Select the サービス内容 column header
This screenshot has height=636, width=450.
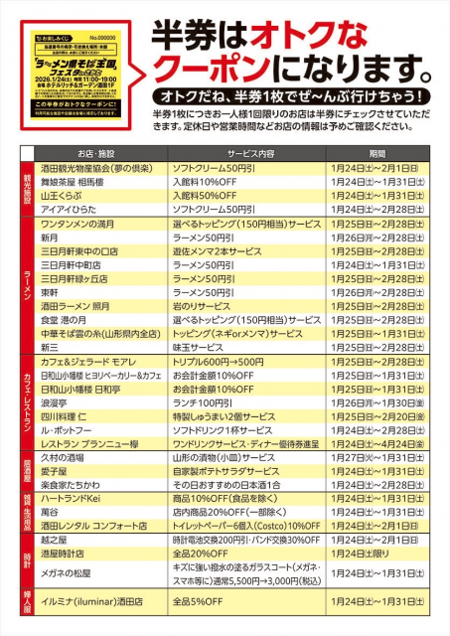229,155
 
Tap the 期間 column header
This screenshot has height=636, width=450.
376,155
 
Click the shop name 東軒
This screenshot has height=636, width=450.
51,293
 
